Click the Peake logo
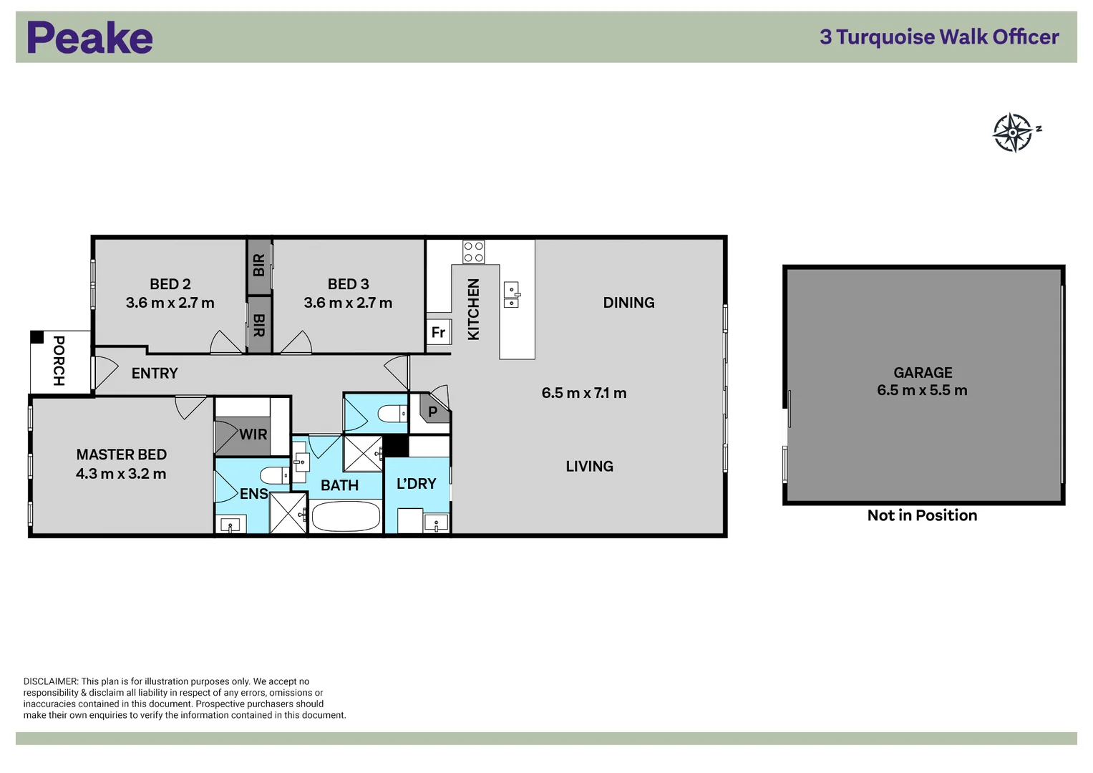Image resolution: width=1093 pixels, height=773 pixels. (x=89, y=38)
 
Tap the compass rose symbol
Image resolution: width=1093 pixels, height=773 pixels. (x=1013, y=132)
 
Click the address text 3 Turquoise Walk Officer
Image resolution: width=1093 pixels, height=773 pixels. (x=938, y=37)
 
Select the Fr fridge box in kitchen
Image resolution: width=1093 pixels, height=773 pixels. (x=438, y=332)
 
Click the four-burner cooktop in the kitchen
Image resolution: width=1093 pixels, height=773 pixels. (x=473, y=252)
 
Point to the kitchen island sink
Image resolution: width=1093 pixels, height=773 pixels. (x=511, y=295)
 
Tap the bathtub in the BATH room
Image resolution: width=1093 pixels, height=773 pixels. (x=346, y=516)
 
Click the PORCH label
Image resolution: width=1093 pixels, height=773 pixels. (x=59, y=361)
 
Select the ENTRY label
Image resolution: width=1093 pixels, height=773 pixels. (x=155, y=373)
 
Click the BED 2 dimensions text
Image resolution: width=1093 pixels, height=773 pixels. (x=170, y=303)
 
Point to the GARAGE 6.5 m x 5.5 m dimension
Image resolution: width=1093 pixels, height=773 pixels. (x=922, y=391)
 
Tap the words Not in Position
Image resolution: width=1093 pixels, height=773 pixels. (x=922, y=515)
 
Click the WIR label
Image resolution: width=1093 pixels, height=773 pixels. (x=253, y=434)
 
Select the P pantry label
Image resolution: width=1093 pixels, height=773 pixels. (x=432, y=412)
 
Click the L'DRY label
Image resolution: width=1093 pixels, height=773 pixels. (x=416, y=484)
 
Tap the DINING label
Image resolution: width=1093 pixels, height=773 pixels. (x=628, y=303)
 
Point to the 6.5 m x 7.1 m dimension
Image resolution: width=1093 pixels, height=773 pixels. (x=584, y=393)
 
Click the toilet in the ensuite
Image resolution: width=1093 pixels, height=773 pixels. (x=273, y=475)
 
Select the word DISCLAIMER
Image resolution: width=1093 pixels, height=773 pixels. (x=50, y=681)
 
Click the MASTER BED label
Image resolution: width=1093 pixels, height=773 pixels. (x=122, y=454)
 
